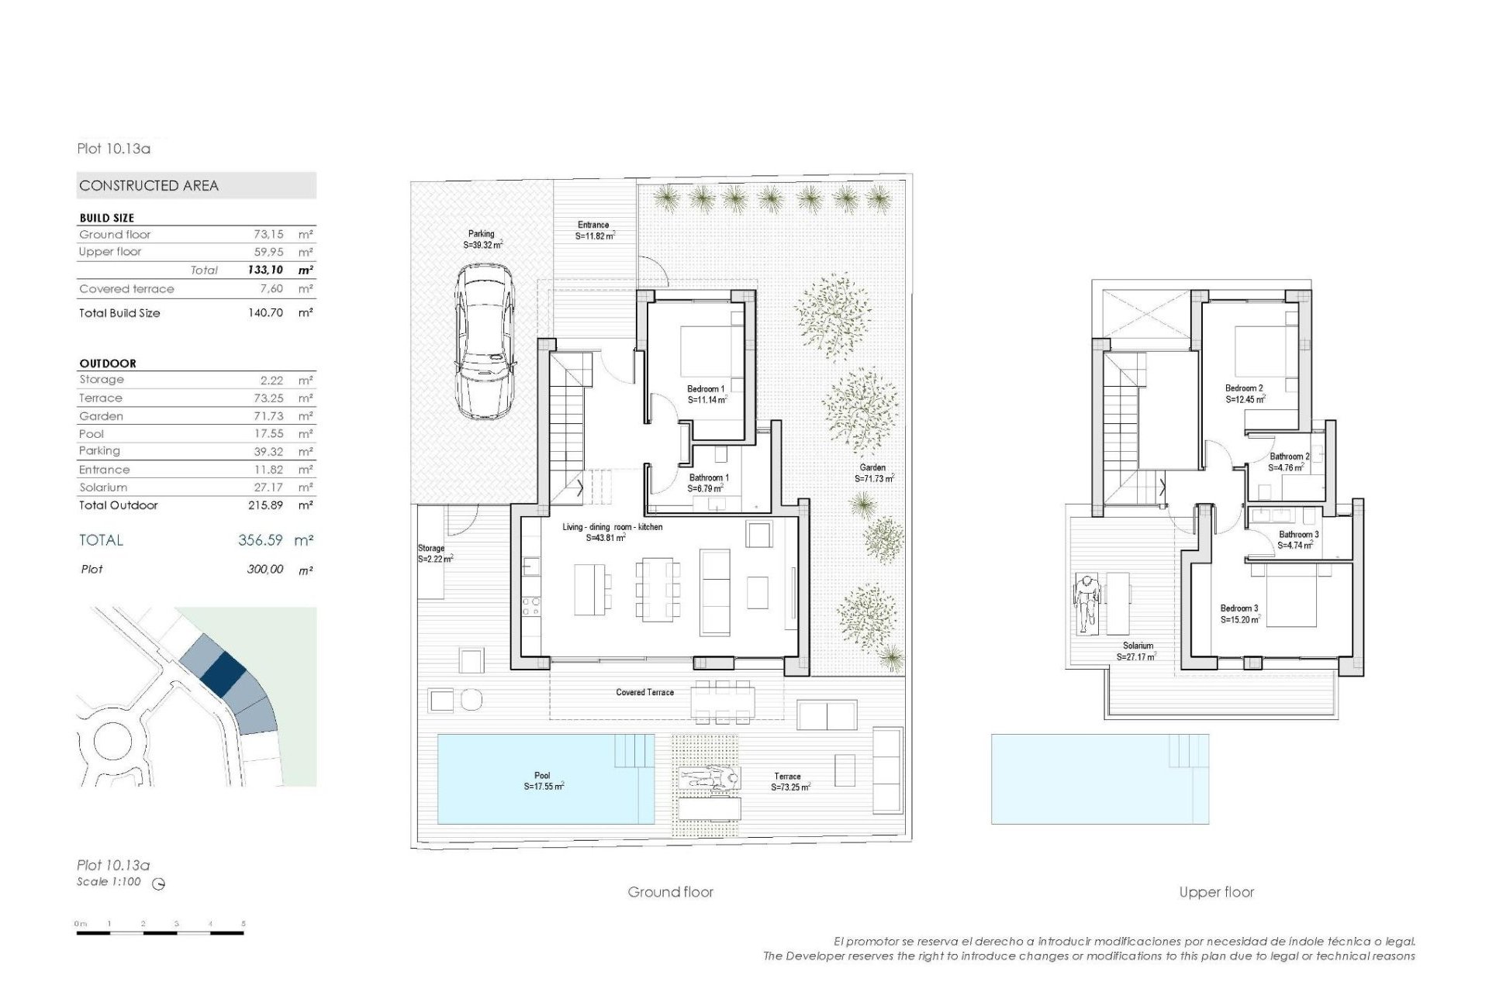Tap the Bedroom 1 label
(705, 389)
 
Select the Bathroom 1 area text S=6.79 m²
(705, 489)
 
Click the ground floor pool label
(542, 775)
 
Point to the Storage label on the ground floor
(431, 548)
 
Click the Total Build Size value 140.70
(265, 313)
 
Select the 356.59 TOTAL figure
(261, 540)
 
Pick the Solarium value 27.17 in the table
(268, 487)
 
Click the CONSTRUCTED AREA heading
(149, 186)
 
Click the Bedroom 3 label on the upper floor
(1239, 608)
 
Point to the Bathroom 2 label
(1289, 456)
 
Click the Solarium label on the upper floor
(1138, 646)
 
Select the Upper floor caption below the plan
(1216, 892)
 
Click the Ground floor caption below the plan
(670, 892)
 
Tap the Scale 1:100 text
(109, 882)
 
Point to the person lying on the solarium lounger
(1087, 598)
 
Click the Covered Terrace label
(644, 692)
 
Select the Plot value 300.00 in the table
(265, 570)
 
